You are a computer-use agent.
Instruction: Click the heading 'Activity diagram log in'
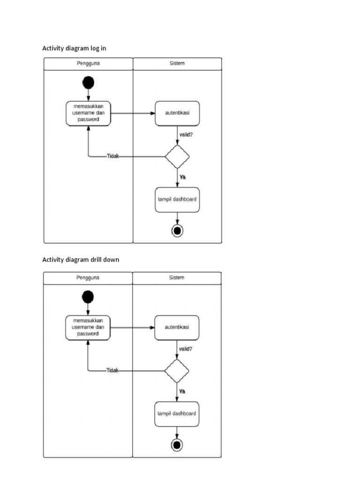click(77, 48)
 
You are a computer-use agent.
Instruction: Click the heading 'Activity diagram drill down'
click(81, 260)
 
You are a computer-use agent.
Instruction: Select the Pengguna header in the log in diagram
click(88, 63)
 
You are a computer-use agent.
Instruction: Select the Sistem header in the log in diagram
click(177, 63)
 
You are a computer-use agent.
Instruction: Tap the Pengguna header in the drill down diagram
click(88, 277)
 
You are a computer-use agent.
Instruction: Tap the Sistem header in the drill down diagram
click(177, 277)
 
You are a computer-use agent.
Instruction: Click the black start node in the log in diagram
click(88, 83)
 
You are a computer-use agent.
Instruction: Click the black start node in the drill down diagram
click(88, 297)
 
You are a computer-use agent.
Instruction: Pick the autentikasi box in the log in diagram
click(177, 113)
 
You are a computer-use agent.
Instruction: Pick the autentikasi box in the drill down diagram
click(177, 327)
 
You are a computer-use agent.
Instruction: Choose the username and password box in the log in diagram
click(89, 113)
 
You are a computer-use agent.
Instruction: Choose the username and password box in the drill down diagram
click(89, 327)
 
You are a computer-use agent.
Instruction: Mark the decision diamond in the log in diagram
click(177, 157)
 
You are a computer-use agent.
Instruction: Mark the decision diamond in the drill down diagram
click(177, 371)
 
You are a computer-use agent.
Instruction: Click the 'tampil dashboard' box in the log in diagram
click(177, 199)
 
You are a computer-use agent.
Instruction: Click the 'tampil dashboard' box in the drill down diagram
click(177, 413)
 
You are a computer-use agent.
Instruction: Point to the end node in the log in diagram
click(177, 230)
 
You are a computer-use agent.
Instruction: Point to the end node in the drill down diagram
click(177, 444)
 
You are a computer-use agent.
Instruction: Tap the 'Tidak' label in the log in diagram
click(112, 157)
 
